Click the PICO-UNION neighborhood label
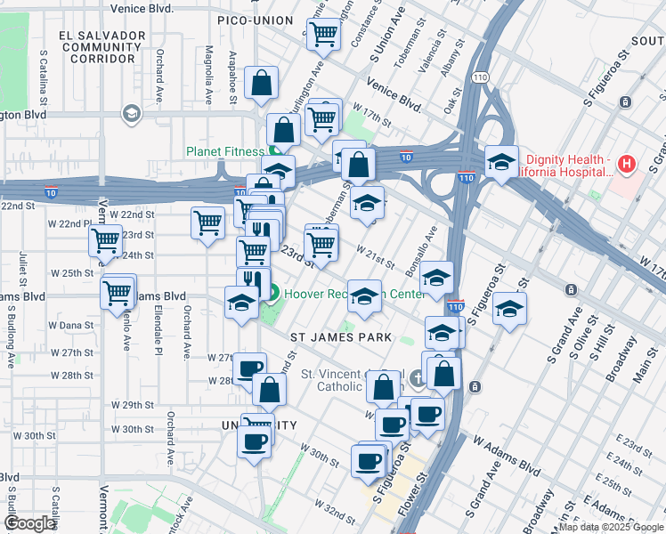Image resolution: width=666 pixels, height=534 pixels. (x=255, y=20)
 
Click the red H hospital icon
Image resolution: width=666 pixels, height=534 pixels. (x=627, y=164)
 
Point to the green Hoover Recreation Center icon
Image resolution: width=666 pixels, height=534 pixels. (x=273, y=292)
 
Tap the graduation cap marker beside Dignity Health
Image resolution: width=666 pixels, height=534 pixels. (x=501, y=163)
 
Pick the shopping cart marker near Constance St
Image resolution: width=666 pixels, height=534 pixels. (x=325, y=35)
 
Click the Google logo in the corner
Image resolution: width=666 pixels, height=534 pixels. (x=29, y=523)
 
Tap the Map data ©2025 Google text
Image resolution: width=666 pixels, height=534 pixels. (x=611, y=527)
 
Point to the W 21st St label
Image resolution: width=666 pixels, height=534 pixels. (x=376, y=257)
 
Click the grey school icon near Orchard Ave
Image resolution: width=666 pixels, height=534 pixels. (x=131, y=113)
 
